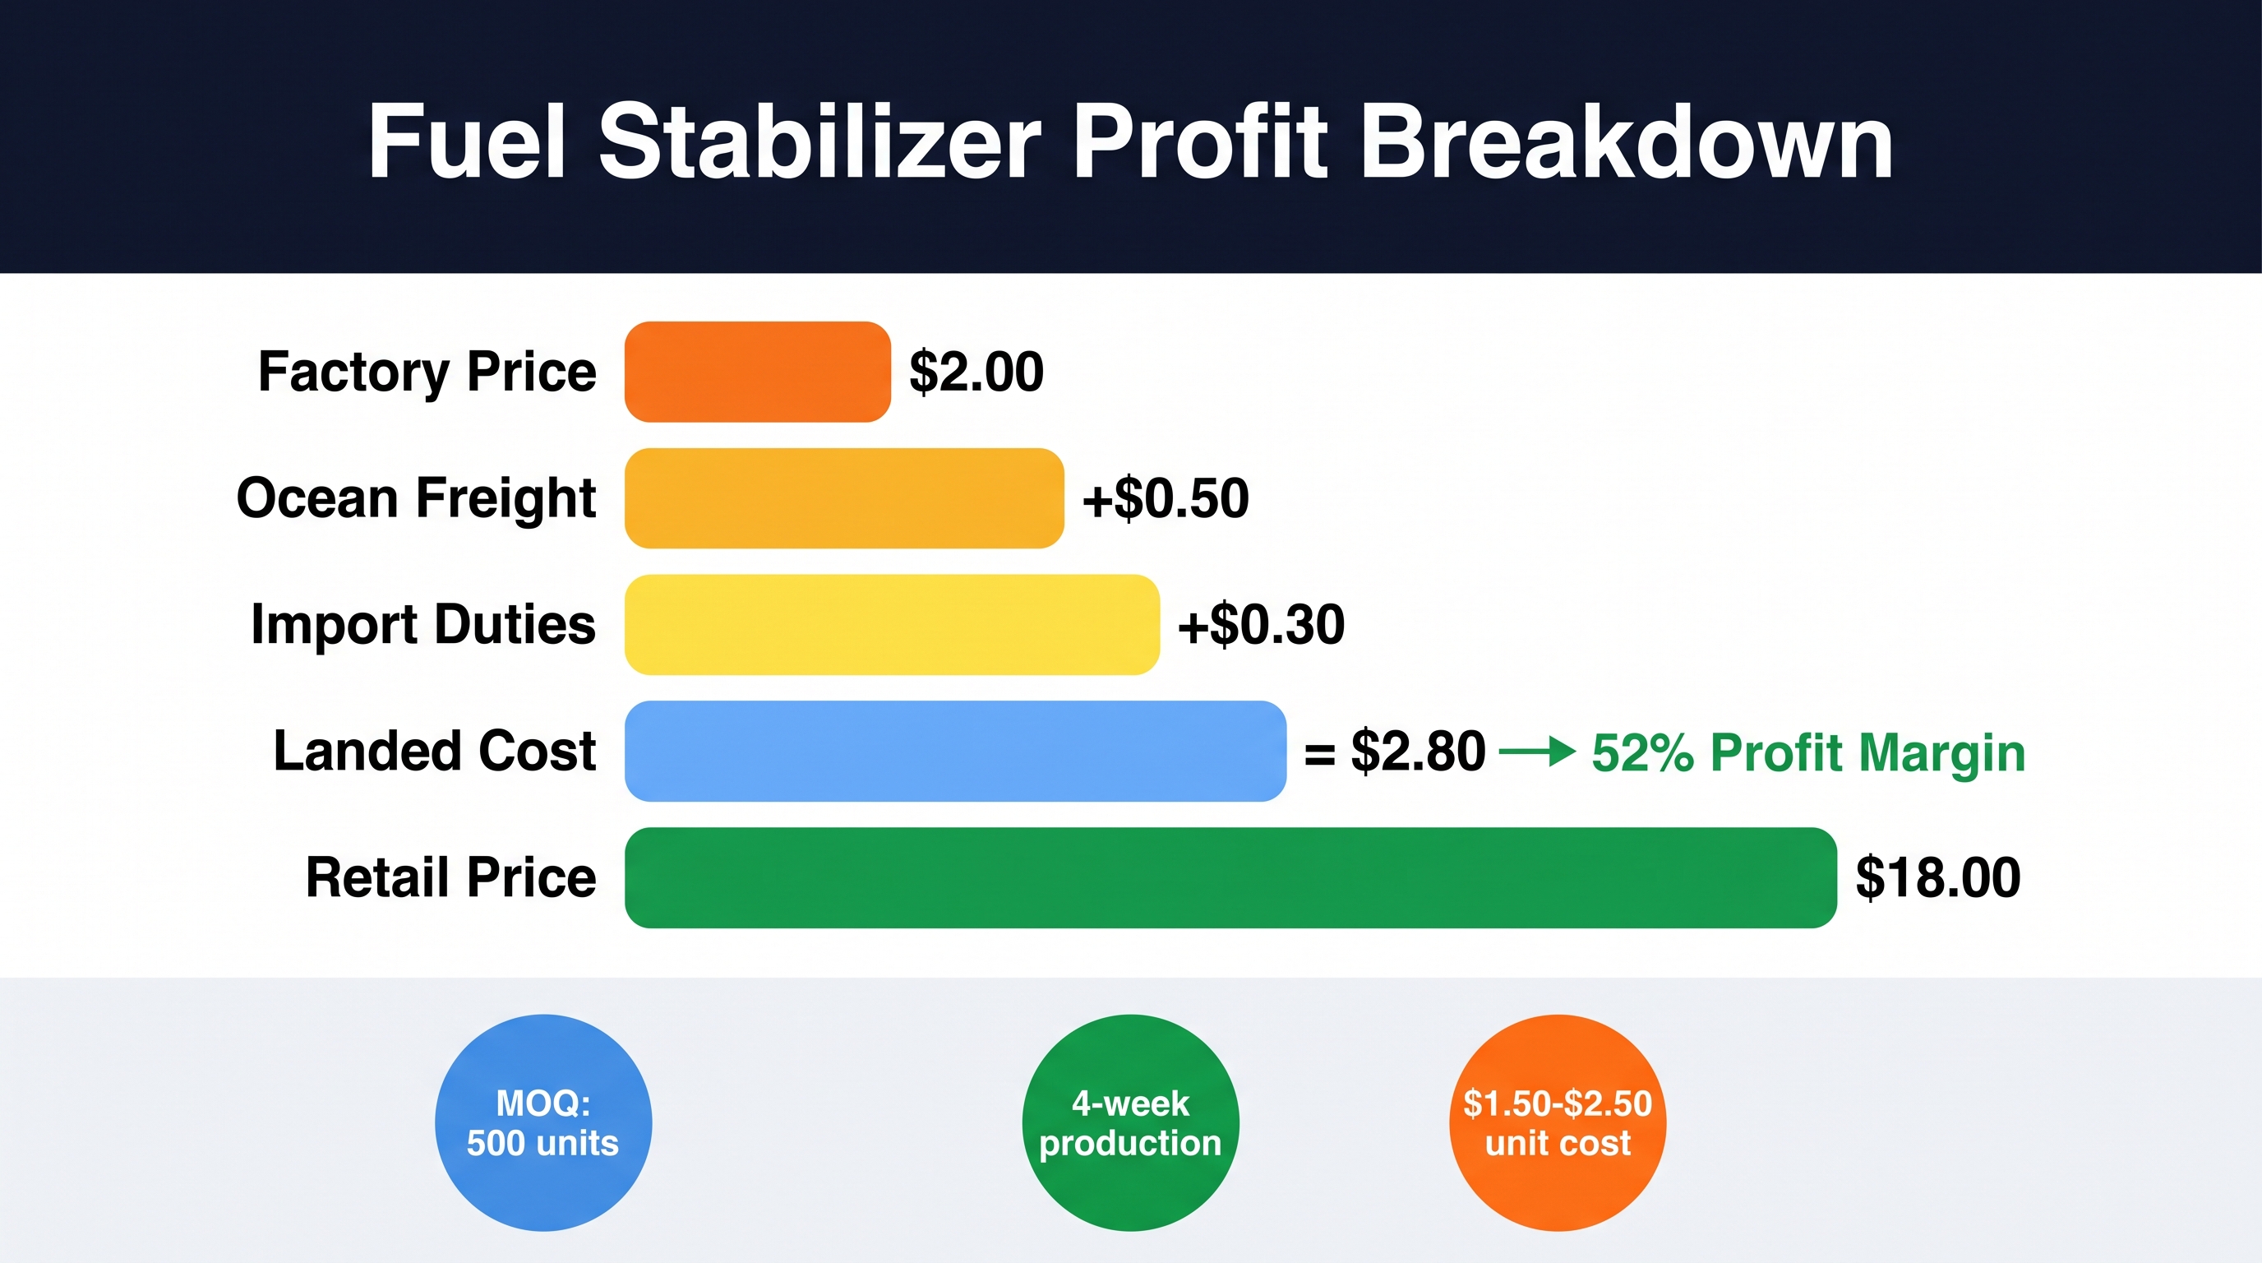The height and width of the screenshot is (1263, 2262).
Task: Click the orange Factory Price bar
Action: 758,372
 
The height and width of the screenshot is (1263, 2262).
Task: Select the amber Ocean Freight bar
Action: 845,498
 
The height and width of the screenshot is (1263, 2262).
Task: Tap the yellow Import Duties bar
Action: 892,624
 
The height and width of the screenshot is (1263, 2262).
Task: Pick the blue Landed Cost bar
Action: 955,751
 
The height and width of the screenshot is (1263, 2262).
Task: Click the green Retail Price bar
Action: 1230,877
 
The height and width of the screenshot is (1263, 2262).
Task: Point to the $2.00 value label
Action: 976,372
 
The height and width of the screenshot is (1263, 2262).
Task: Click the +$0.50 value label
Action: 1166,498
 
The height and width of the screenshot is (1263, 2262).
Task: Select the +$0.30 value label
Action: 1261,624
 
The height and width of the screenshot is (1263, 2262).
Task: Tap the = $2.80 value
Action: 1394,752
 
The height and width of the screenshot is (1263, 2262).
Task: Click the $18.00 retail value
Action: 1938,877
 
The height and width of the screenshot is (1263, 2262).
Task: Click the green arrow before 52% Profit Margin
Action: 1538,752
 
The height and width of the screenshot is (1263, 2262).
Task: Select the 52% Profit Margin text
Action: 1809,752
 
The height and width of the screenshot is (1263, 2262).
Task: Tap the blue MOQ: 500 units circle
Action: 543,1122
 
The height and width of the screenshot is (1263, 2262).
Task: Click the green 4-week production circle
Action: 1131,1122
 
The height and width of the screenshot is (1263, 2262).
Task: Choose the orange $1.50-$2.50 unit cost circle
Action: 1558,1122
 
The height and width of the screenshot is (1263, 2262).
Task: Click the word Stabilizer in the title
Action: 820,141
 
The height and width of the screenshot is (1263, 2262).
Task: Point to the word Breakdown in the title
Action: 1627,141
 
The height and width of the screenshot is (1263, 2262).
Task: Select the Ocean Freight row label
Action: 416,498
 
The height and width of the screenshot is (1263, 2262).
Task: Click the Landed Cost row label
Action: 435,751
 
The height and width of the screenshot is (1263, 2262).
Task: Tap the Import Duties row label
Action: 423,624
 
